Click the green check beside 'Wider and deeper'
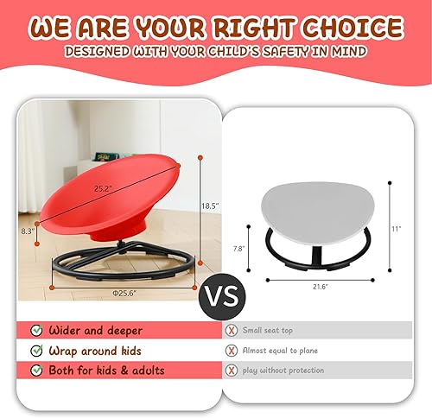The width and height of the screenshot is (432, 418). pyautogui.click(x=35, y=329)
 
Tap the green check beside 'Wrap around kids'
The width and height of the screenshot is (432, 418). pyautogui.click(x=35, y=350)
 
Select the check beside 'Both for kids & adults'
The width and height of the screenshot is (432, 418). pyautogui.click(x=35, y=370)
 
